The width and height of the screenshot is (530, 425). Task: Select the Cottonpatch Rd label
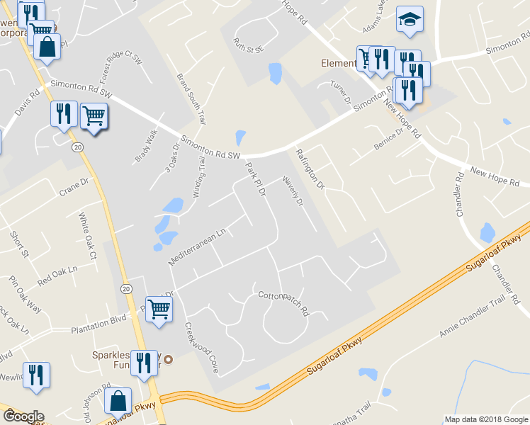point(283,302)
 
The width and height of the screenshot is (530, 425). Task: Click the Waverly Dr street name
point(293,192)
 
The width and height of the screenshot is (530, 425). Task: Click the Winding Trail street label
point(198,177)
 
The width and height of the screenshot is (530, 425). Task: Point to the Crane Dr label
point(73,186)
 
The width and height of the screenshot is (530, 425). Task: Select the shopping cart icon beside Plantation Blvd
point(159,309)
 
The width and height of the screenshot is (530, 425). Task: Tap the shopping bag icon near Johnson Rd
point(118,401)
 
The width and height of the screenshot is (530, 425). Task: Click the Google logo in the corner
point(23,416)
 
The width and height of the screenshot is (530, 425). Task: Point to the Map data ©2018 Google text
point(486,419)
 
